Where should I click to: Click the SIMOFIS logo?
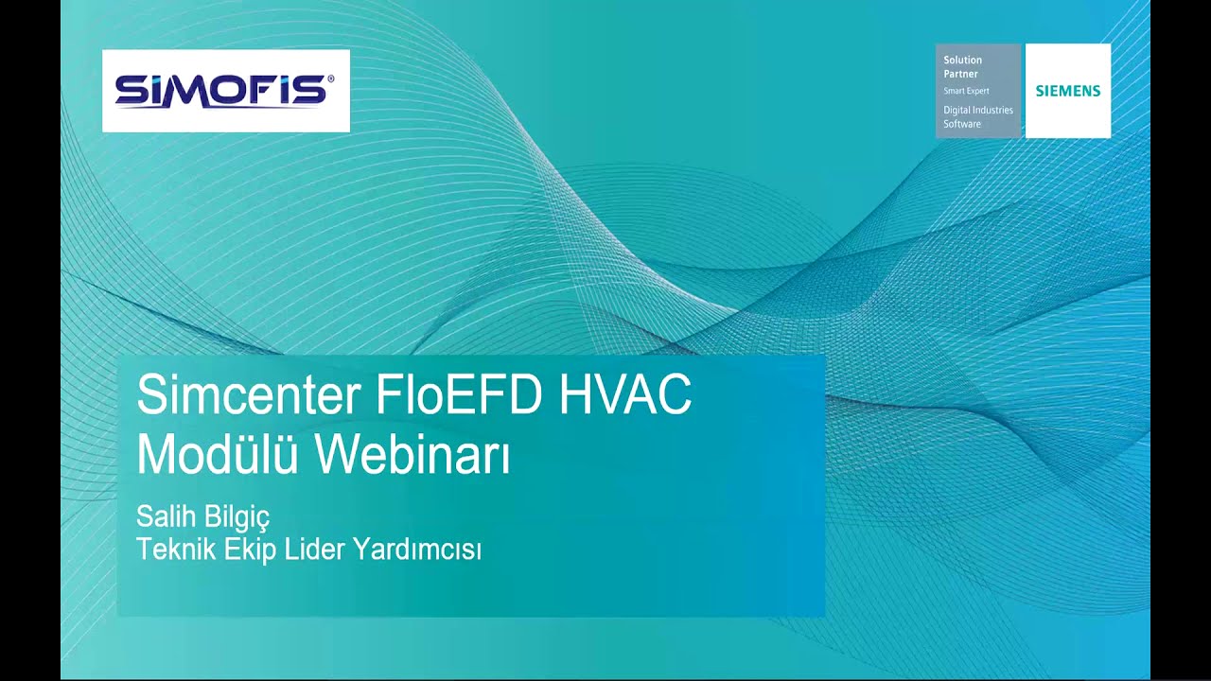[x=225, y=91]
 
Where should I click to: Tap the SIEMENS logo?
[x=1068, y=91]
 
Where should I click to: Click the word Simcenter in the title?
[x=248, y=395]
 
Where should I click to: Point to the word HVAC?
[x=625, y=395]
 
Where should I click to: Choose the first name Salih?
[x=164, y=517]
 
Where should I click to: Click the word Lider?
[x=316, y=550]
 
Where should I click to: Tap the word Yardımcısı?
[x=417, y=550]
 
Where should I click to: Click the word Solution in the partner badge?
[x=962, y=61]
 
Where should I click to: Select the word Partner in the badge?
[x=960, y=74]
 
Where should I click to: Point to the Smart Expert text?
[x=966, y=91]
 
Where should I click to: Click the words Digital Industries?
[x=977, y=111]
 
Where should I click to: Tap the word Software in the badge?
[x=962, y=124]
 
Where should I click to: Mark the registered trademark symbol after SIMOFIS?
[x=330, y=80]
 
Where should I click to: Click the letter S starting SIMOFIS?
[x=130, y=92]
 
